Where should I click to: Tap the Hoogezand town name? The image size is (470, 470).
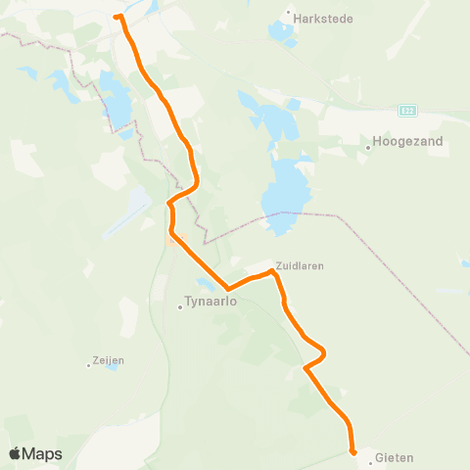tap(408, 142)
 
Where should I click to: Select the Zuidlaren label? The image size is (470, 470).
tap(300, 265)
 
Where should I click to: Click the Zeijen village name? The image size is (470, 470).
tap(110, 360)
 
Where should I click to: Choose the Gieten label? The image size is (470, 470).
tap(395, 457)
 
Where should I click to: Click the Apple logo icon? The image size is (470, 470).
tap(15, 453)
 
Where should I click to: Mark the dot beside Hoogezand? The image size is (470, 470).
tap(369, 148)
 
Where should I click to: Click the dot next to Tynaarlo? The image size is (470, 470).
tap(180, 306)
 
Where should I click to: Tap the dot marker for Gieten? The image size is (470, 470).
tap(371, 456)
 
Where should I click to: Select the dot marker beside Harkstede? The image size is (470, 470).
tap(289, 14)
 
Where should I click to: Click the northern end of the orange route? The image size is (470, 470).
tap(117, 17)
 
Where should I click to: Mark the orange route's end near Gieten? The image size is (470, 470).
tap(352, 451)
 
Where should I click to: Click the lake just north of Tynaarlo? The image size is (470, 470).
tap(207, 284)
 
